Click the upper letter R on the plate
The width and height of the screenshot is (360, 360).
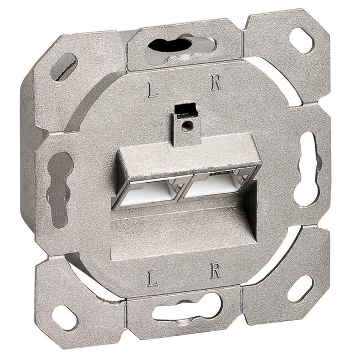click(215, 85)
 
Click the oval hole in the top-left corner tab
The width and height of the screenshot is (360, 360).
click(63, 66)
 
